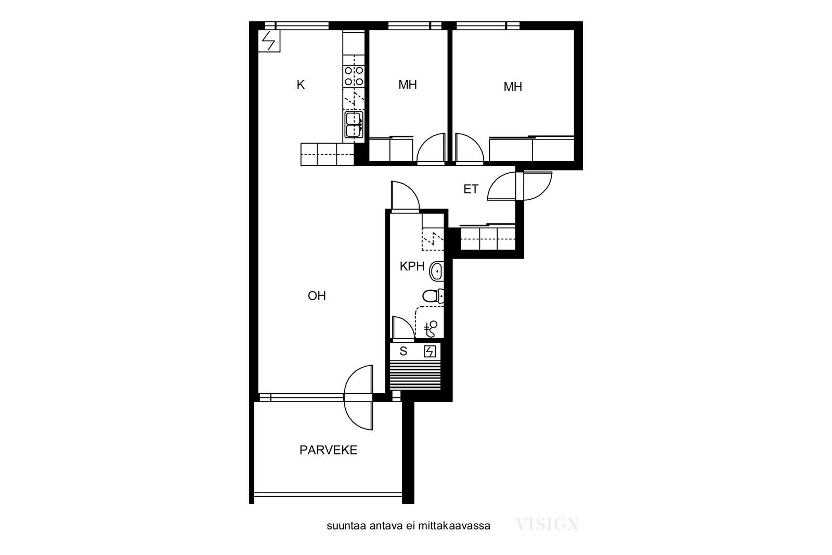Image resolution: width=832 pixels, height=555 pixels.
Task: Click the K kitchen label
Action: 301,85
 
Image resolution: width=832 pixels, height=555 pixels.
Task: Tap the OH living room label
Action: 317,295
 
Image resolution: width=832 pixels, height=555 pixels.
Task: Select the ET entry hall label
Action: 471,189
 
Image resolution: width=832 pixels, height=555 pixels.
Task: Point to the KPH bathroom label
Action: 412,266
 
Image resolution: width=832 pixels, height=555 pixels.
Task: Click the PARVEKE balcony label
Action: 328,450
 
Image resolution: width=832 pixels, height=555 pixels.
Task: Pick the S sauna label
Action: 403,351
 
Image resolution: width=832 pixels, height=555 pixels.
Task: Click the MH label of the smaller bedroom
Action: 408,85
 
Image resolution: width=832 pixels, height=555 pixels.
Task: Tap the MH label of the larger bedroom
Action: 513,86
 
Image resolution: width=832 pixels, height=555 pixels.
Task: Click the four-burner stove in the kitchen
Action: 354,76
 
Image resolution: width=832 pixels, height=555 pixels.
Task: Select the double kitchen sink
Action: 354,125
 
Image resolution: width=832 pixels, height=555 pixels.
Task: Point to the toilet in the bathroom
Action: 433,296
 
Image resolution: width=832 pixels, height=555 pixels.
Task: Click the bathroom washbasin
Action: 437,271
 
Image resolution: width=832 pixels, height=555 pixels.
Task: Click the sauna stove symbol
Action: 430,352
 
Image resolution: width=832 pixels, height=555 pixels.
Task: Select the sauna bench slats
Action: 415,375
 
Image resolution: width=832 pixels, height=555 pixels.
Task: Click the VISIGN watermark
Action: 547,524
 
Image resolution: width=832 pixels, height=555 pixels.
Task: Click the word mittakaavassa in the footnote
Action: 454,526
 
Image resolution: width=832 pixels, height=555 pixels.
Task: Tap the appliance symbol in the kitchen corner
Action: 269,41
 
